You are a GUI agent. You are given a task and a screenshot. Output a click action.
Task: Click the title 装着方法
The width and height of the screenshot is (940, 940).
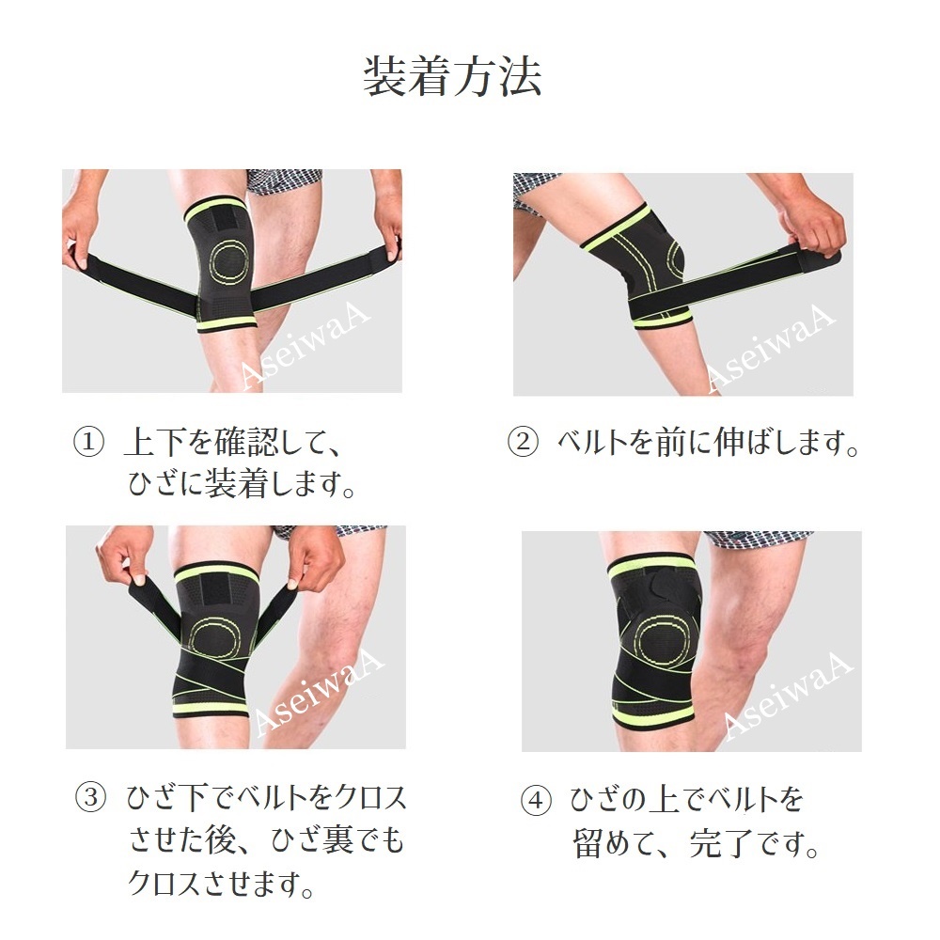click(453, 76)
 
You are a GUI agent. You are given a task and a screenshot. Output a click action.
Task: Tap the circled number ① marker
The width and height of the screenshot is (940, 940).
click(88, 443)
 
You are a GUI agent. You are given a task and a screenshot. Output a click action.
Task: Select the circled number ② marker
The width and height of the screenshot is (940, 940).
click(523, 443)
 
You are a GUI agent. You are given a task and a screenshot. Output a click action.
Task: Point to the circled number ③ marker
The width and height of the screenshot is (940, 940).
click(90, 798)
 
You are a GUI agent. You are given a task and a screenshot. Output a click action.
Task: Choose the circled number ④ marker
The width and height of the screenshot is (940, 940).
click(536, 802)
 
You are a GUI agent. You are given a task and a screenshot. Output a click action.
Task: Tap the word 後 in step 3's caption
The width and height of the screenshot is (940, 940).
click(221, 839)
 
